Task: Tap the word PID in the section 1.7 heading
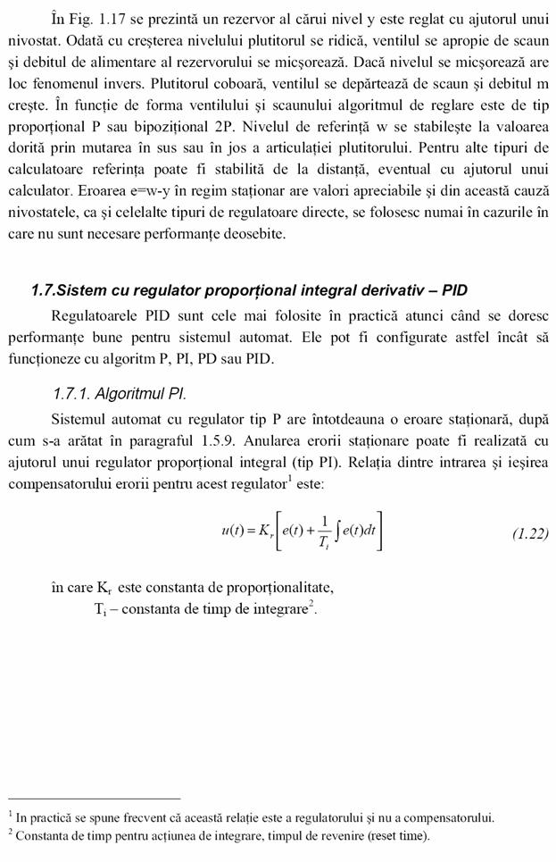(x=450, y=290)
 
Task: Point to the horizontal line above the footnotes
(x=95, y=798)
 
